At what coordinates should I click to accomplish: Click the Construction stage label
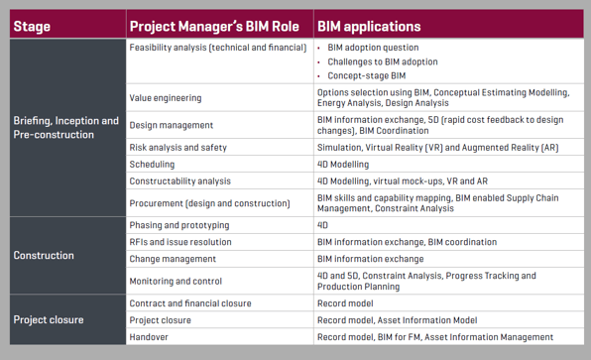click(x=44, y=255)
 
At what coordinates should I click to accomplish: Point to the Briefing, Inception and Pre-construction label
click(x=65, y=127)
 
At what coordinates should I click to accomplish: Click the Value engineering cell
click(x=166, y=98)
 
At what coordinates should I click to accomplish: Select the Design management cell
click(x=171, y=125)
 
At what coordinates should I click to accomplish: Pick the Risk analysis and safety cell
click(x=177, y=147)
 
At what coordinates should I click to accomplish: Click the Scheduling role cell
click(x=152, y=164)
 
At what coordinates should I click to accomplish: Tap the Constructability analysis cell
click(x=179, y=180)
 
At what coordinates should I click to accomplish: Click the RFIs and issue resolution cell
click(x=180, y=242)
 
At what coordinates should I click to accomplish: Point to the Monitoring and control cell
click(x=177, y=281)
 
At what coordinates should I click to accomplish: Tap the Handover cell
click(x=151, y=336)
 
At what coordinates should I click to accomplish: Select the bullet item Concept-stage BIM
click(x=366, y=75)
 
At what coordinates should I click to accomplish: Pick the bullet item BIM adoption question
click(x=372, y=47)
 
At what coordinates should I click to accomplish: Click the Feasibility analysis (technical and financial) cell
click(x=218, y=47)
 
